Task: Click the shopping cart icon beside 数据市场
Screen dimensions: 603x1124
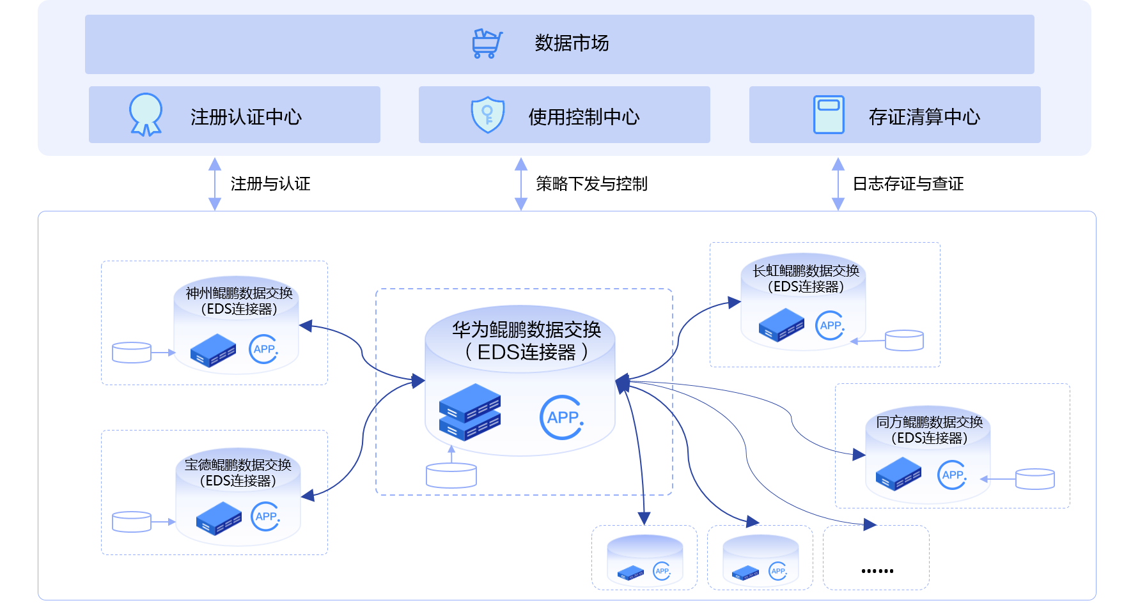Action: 487,43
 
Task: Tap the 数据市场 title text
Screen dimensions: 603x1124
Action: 572,43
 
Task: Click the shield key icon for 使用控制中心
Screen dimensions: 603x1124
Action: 488,115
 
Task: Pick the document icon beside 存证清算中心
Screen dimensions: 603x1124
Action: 829,115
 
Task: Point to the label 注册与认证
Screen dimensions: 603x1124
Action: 270,184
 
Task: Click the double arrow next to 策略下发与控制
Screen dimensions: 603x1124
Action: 521,184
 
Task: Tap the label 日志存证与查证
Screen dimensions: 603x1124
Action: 908,184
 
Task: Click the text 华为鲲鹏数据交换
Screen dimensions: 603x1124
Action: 526,330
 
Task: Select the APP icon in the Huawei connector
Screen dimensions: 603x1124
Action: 562,418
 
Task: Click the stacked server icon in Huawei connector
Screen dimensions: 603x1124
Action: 470,412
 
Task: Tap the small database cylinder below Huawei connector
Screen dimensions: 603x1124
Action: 451,476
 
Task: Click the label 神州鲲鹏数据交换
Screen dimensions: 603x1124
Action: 239,293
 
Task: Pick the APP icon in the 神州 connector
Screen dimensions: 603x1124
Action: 263,349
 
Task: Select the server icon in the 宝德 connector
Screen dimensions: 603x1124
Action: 219,518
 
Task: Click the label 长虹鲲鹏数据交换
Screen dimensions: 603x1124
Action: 806,271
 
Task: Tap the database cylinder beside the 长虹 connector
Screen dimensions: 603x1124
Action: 904,340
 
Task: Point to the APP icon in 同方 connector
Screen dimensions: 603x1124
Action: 952,475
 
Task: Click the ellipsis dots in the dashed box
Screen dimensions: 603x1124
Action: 877,570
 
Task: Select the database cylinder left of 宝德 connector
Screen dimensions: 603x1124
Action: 132,522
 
